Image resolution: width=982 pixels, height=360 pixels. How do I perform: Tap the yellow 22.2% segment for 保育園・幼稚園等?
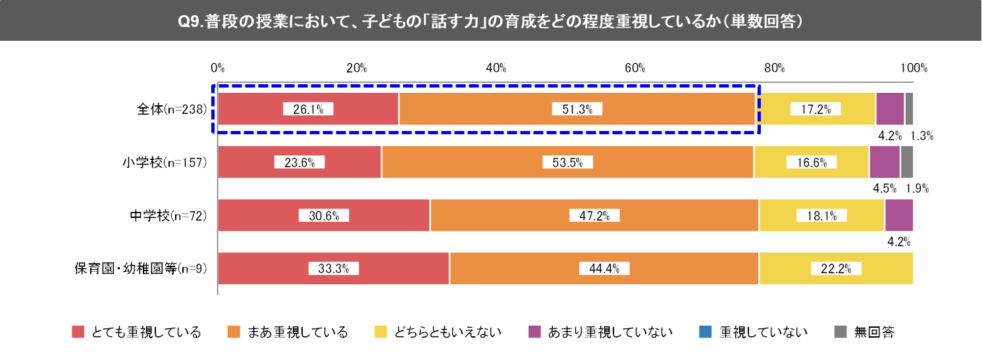pos(836,268)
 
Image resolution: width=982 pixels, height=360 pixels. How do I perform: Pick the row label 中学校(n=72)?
pos(169,215)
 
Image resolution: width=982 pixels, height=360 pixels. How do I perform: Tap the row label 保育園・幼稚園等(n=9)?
pos(140,269)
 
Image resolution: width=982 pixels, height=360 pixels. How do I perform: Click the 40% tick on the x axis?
pos(496,68)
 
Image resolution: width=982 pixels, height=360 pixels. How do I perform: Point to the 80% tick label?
pos(775,68)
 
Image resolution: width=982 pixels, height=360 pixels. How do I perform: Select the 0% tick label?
pos(218,68)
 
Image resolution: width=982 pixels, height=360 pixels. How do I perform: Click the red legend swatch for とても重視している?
pos(78,332)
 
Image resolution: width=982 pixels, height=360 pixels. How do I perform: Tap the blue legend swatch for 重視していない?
pos(704,332)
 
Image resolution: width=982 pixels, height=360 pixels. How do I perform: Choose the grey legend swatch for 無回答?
pos(840,332)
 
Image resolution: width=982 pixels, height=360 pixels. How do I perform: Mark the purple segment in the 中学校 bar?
pos(899,215)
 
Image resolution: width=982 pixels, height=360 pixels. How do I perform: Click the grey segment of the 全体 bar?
pos(909,109)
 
